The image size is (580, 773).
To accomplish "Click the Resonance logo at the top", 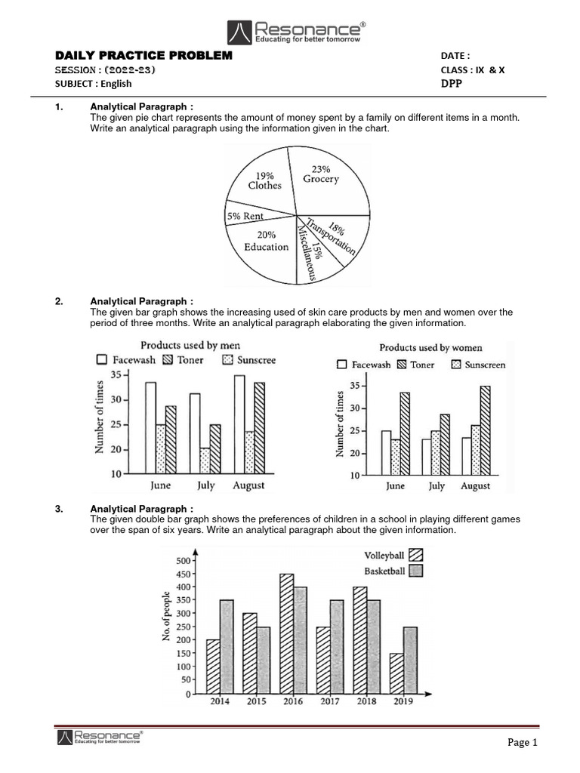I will pos(297,32).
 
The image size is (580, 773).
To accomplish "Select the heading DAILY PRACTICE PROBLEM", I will pos(144,57).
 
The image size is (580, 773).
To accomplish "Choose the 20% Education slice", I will pos(267,242).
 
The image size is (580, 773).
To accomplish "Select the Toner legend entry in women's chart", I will pos(415,365).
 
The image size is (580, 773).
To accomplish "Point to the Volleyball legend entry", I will pos(390,557).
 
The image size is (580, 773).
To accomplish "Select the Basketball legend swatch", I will pos(415,571).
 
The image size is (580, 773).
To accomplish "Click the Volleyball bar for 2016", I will pos(286,633).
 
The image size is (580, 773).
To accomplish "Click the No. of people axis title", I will pos(166,617).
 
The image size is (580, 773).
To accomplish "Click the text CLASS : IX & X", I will pos(473,70).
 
